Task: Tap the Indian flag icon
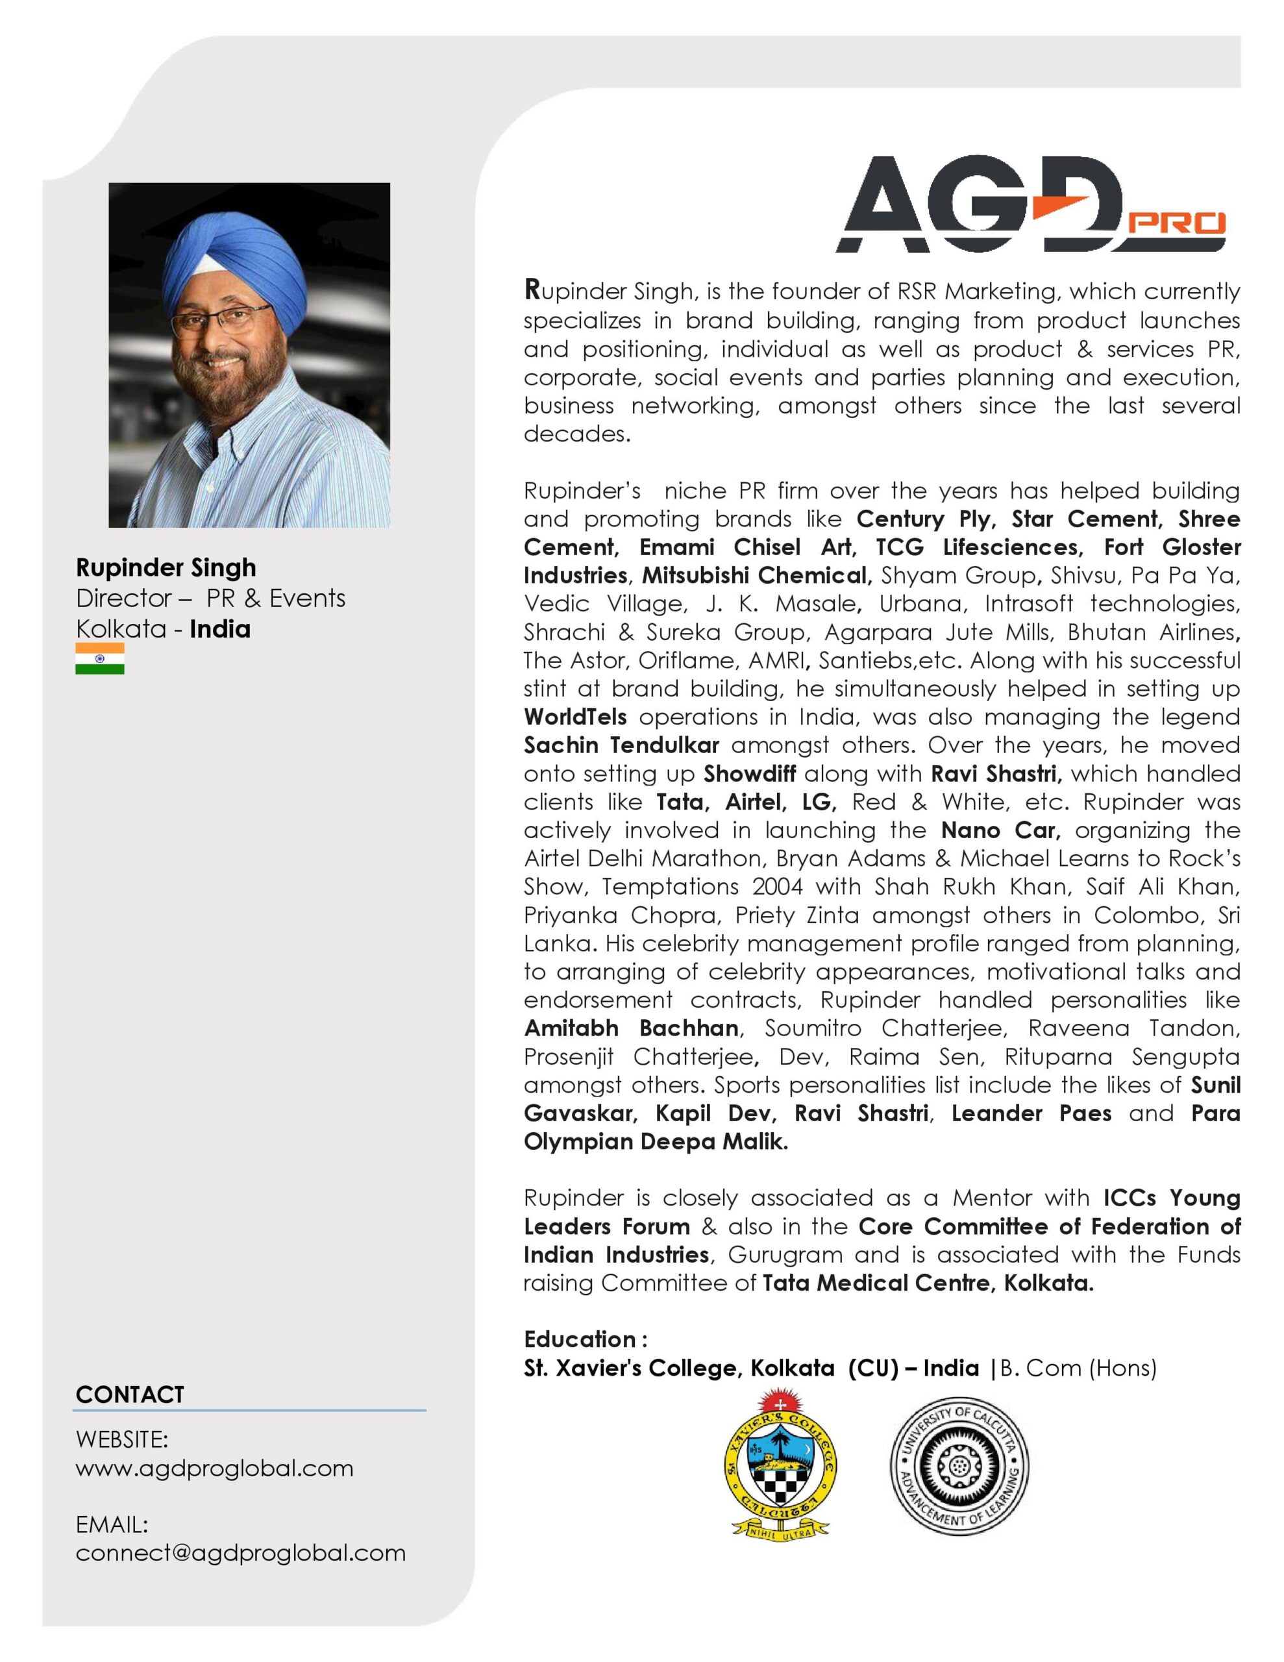pyautogui.click(x=100, y=658)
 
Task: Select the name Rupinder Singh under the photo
pyautogui.click(x=166, y=567)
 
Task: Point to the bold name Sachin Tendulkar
pyautogui.click(x=621, y=745)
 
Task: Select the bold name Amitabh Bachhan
pyautogui.click(x=632, y=1028)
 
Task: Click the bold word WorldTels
pyautogui.click(x=575, y=717)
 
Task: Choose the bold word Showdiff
pyautogui.click(x=750, y=774)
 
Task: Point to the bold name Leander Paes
pyautogui.click(x=1031, y=1113)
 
